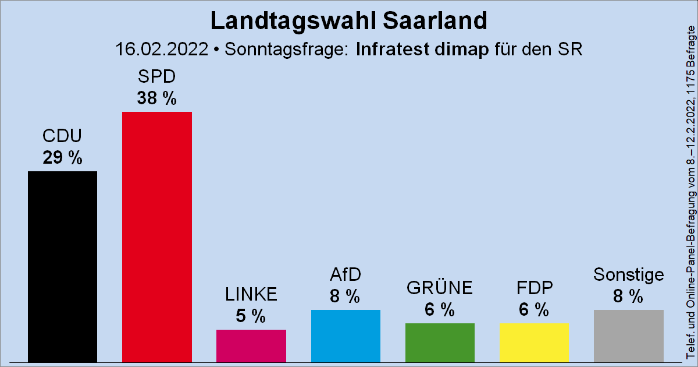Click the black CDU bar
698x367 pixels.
click(62, 266)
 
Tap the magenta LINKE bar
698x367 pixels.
click(251, 345)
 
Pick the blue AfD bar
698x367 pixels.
click(346, 336)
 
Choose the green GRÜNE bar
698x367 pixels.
click(440, 342)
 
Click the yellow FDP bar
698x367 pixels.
click(534, 342)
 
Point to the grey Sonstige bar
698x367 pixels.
click(628, 336)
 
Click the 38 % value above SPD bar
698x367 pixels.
click(156, 99)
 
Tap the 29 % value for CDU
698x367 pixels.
click(62, 158)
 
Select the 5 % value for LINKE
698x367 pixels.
click(251, 316)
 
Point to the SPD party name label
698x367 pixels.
click(156, 77)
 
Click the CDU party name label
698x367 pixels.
click(62, 136)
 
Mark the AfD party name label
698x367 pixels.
click(346, 275)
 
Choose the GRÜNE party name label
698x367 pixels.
click(440, 288)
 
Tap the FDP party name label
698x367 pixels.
click(534, 288)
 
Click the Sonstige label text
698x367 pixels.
click(628, 274)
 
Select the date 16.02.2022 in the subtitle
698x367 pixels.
click(162, 50)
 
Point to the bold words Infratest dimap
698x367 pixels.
click(422, 50)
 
